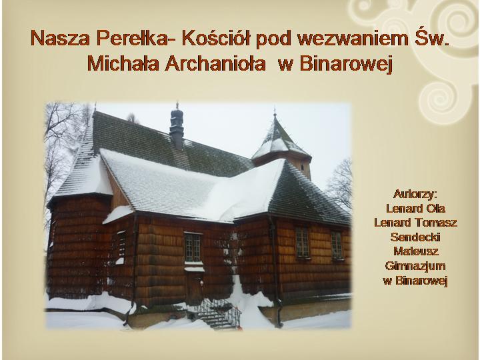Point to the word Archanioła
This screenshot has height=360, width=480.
(215, 64)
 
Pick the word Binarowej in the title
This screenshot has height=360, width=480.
(346, 64)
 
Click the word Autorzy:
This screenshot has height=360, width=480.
(415, 194)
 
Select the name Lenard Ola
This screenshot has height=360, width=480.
(415, 209)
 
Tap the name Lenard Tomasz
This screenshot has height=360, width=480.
(415, 223)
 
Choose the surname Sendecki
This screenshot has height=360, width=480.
(415, 237)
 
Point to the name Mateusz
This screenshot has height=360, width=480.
(416, 251)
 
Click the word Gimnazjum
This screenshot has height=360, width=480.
(415, 266)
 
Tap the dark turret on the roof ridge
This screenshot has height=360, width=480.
(177, 127)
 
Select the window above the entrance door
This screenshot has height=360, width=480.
(193, 247)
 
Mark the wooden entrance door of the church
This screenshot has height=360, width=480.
(195, 288)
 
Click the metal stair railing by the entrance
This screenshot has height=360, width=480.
(219, 311)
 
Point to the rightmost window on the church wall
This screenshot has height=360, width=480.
(337, 245)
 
